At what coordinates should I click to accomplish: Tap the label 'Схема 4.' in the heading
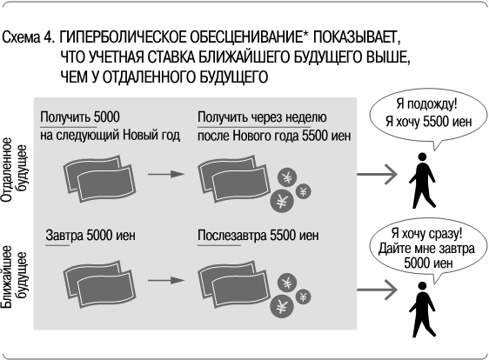click(30, 40)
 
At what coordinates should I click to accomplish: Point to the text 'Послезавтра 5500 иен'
click(258, 236)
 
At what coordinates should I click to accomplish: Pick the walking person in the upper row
click(424, 182)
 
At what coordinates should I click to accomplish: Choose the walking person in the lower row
click(424, 307)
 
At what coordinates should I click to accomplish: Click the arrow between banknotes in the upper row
click(166, 174)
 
